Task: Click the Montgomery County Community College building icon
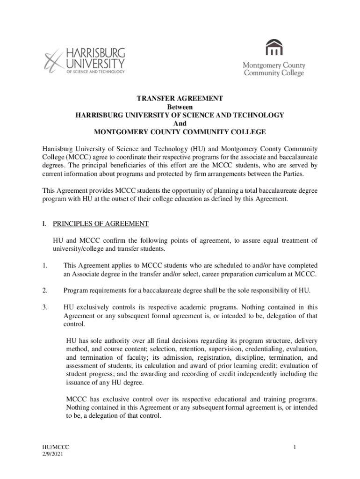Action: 274,48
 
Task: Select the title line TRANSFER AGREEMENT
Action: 180,99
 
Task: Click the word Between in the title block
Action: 180,107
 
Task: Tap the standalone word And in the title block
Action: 180,123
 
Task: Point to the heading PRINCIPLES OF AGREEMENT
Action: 101,224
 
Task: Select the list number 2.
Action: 44,290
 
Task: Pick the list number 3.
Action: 44,307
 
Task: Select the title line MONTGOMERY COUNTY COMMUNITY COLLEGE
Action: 180,132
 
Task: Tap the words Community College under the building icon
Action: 274,73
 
